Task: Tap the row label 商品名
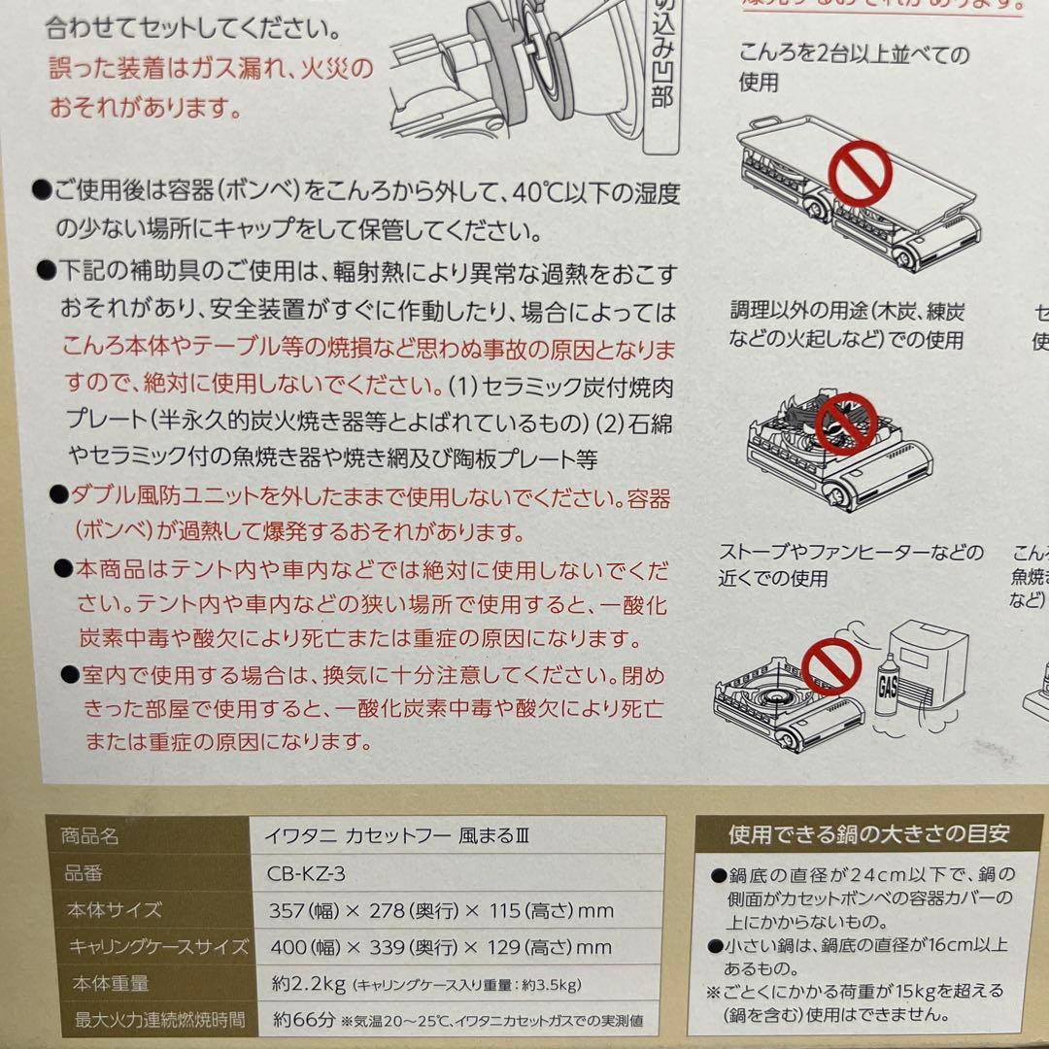click(x=89, y=836)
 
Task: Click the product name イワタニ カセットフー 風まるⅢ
click(x=401, y=835)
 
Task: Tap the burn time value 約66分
click(x=302, y=1020)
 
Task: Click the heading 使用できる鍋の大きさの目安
click(x=869, y=833)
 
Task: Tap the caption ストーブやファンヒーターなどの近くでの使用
click(x=850, y=565)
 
